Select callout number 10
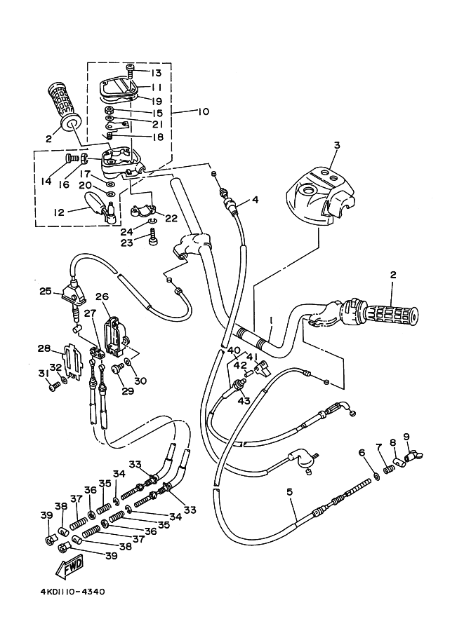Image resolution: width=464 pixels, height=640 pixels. tap(203, 111)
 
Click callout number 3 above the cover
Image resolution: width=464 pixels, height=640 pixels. tap(336, 145)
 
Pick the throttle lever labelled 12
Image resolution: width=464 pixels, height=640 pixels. tap(100, 207)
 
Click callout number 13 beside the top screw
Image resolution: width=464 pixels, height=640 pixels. tap(156, 73)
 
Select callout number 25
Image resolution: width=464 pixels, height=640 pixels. tap(46, 292)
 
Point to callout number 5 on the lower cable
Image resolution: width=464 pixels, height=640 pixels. tap(289, 492)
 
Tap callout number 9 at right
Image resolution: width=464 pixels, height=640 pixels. tap(406, 437)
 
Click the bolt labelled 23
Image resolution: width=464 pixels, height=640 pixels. tap(153, 237)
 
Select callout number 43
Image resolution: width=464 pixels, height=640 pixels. tap(244, 401)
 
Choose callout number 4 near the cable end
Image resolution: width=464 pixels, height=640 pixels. tap(255, 200)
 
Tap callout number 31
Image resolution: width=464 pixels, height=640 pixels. tap(43, 374)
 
